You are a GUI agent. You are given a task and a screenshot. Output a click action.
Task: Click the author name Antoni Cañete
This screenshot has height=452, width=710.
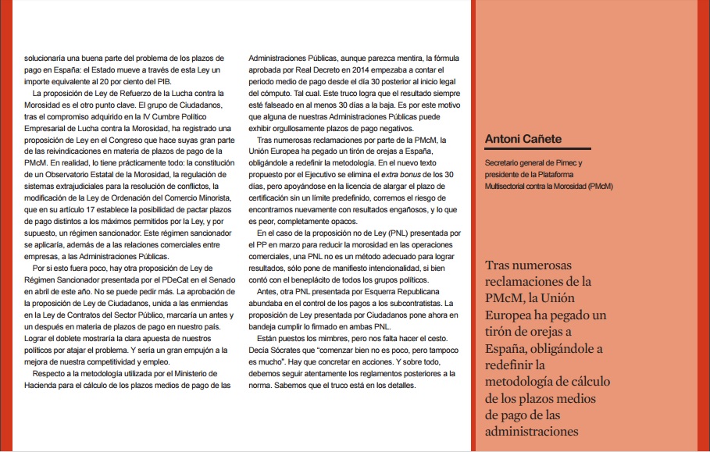[523, 140]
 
